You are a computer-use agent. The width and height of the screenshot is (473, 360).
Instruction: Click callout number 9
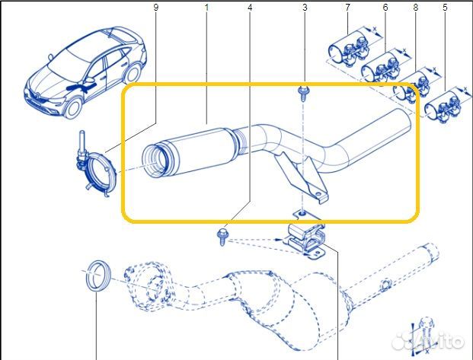pyautogui.click(x=156, y=8)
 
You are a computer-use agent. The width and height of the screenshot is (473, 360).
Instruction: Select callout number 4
pyautogui.click(x=250, y=8)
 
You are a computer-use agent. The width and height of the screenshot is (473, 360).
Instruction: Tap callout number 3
pyautogui.click(x=305, y=8)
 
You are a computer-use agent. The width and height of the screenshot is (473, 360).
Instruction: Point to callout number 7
pyautogui.click(x=347, y=8)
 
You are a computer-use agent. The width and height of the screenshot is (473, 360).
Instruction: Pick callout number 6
pyautogui.click(x=385, y=8)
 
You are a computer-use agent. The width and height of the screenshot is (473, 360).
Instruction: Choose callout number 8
pyautogui.click(x=416, y=8)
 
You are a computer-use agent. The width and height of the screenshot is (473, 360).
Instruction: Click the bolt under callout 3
pyautogui.click(x=303, y=93)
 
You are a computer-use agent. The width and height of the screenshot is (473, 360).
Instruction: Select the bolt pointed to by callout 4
pyautogui.click(x=224, y=233)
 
